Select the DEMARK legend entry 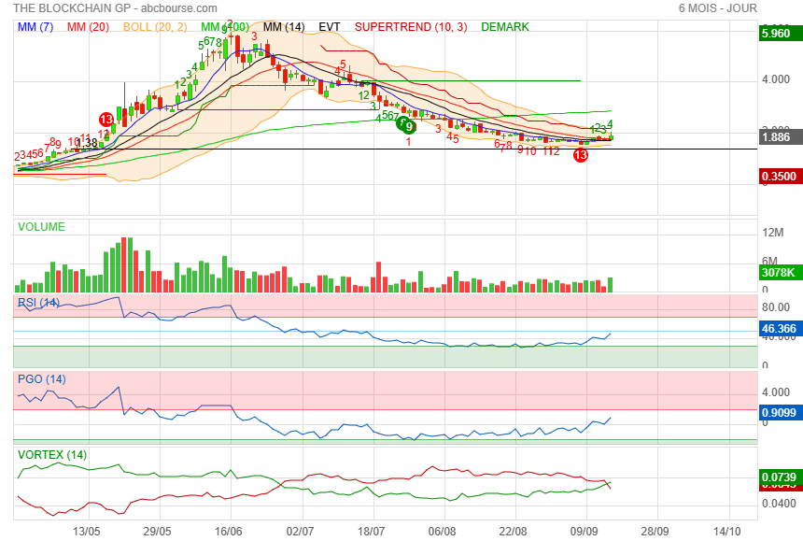pos(505,27)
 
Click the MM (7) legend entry pos(35,27)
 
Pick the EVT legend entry pos(330,27)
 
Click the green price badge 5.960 pos(777,34)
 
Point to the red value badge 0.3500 pos(777,176)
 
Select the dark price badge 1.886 pos(777,137)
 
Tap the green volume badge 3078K pos(777,273)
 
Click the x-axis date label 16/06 pos(230,530)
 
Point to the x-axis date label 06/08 pos(443,530)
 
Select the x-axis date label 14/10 pos(727,530)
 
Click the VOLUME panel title pos(41,227)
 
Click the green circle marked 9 pos(409,127)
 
